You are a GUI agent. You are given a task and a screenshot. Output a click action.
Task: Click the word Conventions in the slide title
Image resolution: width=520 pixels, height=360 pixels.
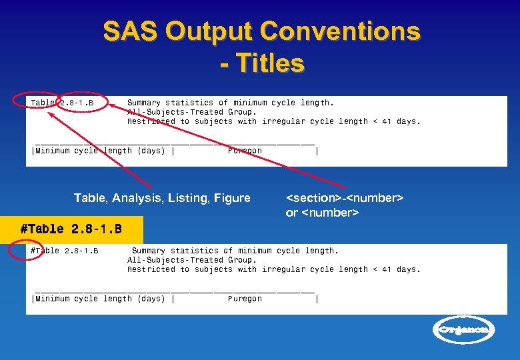point(340,31)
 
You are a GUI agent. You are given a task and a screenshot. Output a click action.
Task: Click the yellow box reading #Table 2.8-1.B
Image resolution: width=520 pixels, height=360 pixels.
point(71,229)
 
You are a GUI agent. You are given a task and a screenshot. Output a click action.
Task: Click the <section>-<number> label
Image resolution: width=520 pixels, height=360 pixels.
point(345,198)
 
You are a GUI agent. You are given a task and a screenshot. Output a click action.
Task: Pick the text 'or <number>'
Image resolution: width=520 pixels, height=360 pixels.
point(323,213)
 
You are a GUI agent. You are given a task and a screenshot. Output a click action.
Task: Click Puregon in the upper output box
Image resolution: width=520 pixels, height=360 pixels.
point(245,151)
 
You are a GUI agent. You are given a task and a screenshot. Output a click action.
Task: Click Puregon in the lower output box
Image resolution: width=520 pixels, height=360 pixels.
point(245,299)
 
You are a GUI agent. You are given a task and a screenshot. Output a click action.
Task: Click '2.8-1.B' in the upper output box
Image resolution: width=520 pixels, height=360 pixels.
point(77,103)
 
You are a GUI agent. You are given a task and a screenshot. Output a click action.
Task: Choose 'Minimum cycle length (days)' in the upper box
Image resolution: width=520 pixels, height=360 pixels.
point(100,151)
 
